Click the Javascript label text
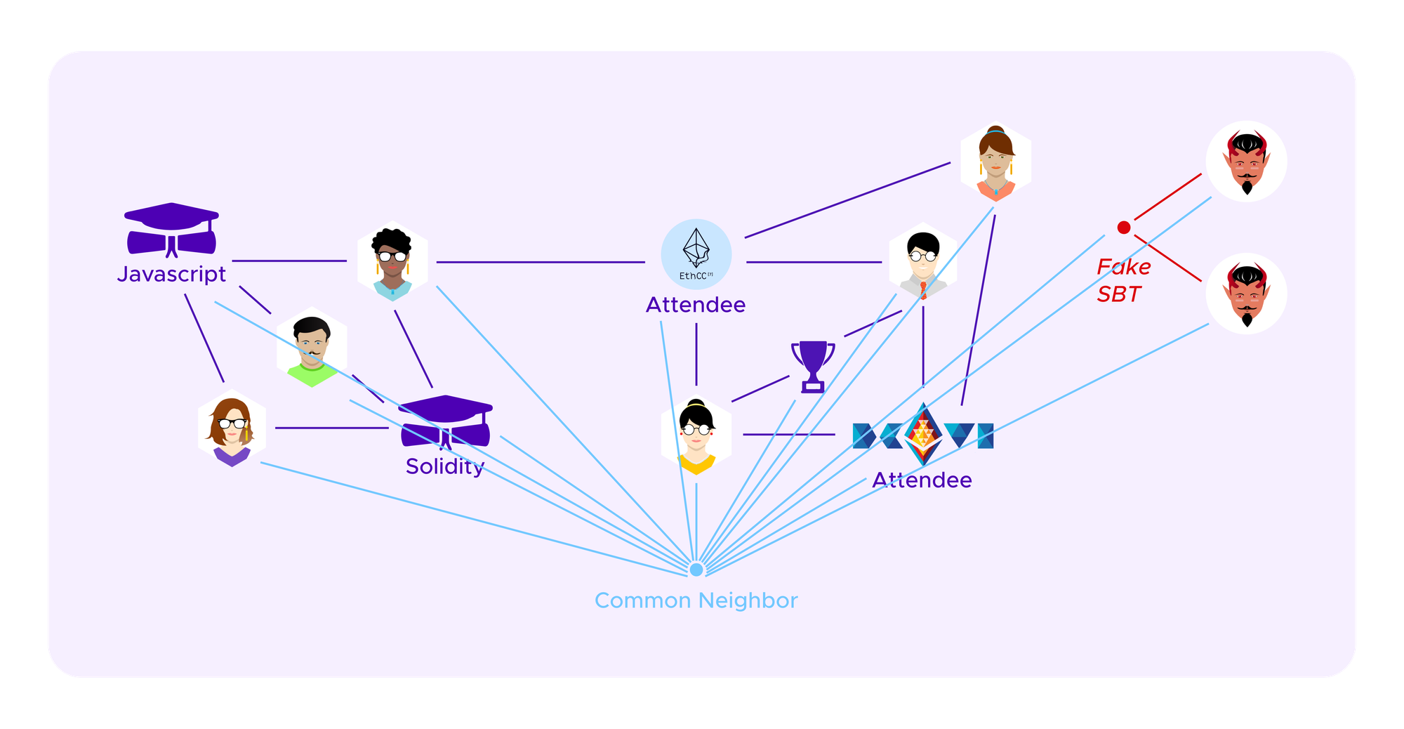click(x=171, y=274)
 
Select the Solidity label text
click(x=445, y=466)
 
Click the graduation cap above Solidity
click(x=445, y=421)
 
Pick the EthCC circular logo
click(x=696, y=254)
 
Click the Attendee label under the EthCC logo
click(x=696, y=305)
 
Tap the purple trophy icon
click(x=813, y=366)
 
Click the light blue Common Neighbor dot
click(x=696, y=569)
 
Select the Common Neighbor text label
click(x=696, y=600)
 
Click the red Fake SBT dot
click(x=1123, y=228)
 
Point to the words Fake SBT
click(x=1122, y=280)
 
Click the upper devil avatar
click(x=1246, y=162)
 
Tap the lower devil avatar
click(x=1246, y=294)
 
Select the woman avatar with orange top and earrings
click(x=995, y=163)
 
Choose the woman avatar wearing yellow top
click(x=696, y=435)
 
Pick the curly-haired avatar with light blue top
click(x=392, y=261)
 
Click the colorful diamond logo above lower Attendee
click(x=922, y=434)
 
